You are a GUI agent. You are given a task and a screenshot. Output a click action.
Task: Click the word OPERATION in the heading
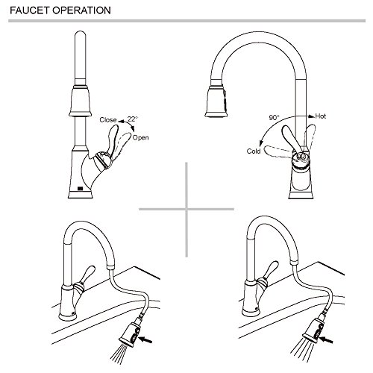82,10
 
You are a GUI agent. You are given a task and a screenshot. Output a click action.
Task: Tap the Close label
108,120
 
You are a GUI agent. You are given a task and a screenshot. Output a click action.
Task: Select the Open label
140,138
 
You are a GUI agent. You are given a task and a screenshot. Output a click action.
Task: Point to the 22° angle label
133,119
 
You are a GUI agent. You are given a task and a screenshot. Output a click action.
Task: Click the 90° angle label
274,117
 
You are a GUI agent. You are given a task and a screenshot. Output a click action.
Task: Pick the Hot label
320,116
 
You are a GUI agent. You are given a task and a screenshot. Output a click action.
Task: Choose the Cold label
254,151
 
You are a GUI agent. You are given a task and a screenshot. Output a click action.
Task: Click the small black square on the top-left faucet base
80,189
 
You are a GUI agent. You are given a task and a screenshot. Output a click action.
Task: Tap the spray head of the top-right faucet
216,101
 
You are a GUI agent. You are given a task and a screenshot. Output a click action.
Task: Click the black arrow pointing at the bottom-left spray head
145,339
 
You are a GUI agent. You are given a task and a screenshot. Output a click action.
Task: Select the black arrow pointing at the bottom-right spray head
326,339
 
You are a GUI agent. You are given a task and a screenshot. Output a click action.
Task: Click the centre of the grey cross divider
186,209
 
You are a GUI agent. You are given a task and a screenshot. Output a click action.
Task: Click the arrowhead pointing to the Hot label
311,116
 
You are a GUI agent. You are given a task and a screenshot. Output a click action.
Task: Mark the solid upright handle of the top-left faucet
113,140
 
